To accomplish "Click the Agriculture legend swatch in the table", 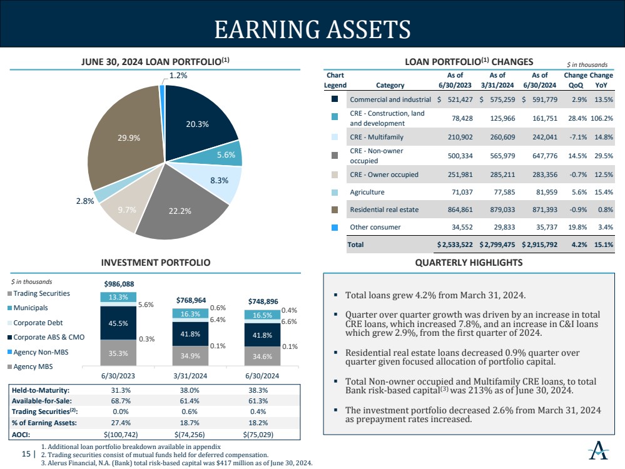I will [335, 193].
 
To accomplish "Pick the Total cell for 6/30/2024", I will [539, 245].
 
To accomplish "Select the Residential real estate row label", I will [384, 209].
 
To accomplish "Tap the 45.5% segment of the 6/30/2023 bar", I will [119, 323].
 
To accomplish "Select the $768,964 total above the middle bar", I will [191, 300].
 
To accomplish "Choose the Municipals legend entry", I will [30, 308].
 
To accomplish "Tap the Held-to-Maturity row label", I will [41, 390].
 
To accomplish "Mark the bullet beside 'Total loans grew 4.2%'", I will [336, 295].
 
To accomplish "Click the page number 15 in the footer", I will [26, 455].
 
